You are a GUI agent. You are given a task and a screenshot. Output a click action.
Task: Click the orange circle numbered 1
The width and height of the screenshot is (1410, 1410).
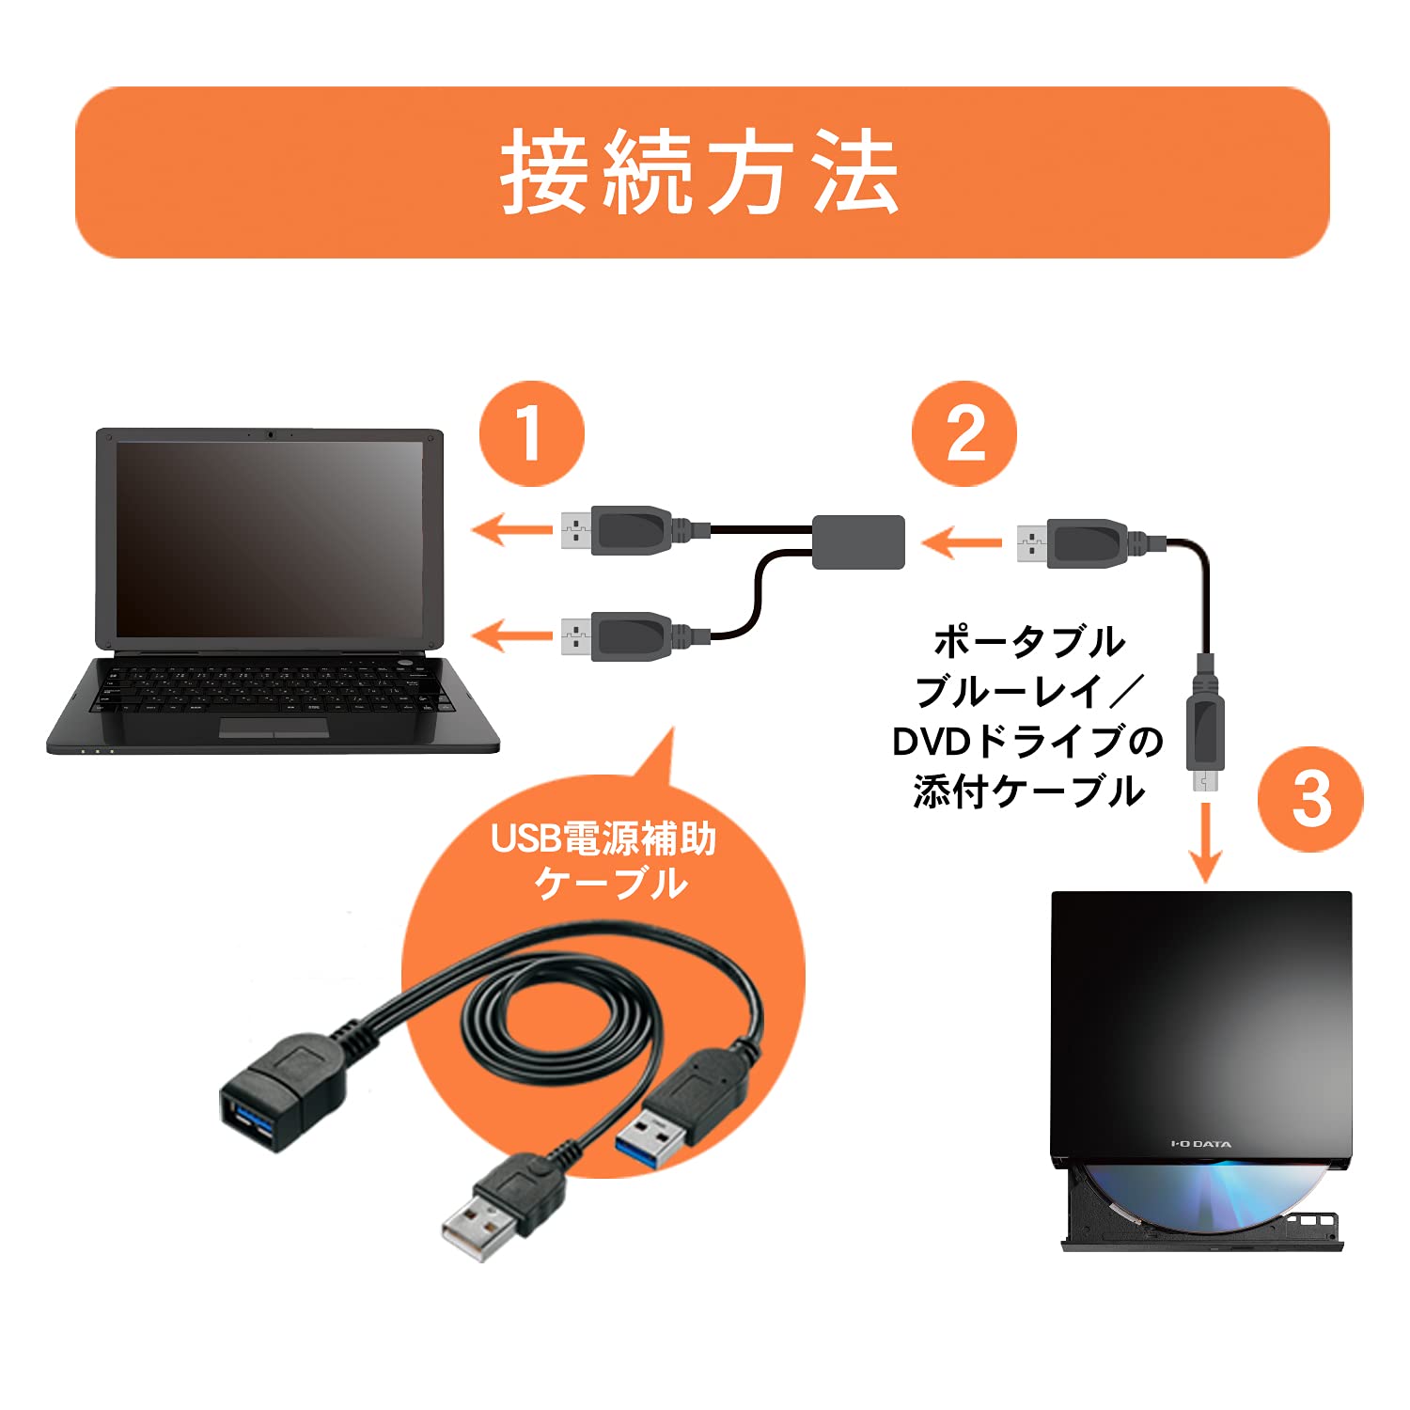(531, 433)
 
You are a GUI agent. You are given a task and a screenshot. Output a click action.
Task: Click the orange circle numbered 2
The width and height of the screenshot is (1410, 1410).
(964, 433)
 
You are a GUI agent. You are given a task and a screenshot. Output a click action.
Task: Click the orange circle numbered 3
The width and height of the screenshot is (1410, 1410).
(1310, 799)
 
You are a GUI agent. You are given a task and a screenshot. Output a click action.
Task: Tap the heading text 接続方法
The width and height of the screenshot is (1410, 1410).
(700, 172)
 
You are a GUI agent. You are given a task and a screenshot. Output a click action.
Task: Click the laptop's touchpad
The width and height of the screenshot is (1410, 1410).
(274, 727)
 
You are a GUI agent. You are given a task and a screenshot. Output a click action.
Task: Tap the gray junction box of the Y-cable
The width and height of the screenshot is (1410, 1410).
(858, 541)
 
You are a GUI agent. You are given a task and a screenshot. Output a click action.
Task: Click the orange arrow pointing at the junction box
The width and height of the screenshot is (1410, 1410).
(961, 542)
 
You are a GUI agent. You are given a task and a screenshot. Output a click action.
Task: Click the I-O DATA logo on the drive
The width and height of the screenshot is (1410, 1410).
(1200, 1144)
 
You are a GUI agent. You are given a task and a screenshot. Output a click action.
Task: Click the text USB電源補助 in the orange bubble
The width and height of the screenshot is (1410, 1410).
(603, 838)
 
